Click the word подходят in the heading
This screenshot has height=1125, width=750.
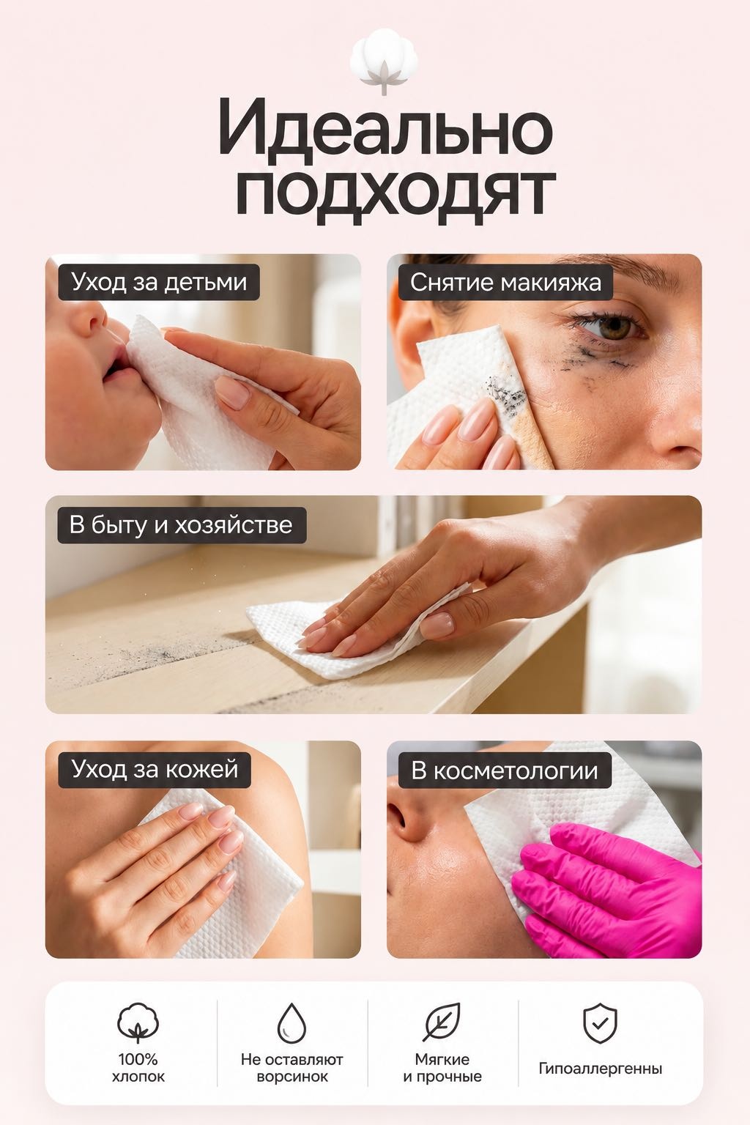pos(396,196)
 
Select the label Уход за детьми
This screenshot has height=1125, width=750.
pos(159,282)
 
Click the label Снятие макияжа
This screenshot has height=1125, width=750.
pos(505,282)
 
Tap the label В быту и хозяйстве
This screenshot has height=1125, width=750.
pos(182,525)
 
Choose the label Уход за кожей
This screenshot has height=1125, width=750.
pos(155,770)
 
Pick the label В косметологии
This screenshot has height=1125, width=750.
pos(505,771)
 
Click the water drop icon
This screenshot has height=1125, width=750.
pos(292,1023)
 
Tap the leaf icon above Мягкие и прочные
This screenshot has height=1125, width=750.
pos(442,1022)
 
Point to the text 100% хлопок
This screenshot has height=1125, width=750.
pos(138,1068)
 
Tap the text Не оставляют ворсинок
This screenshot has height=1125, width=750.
pos(292,1068)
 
